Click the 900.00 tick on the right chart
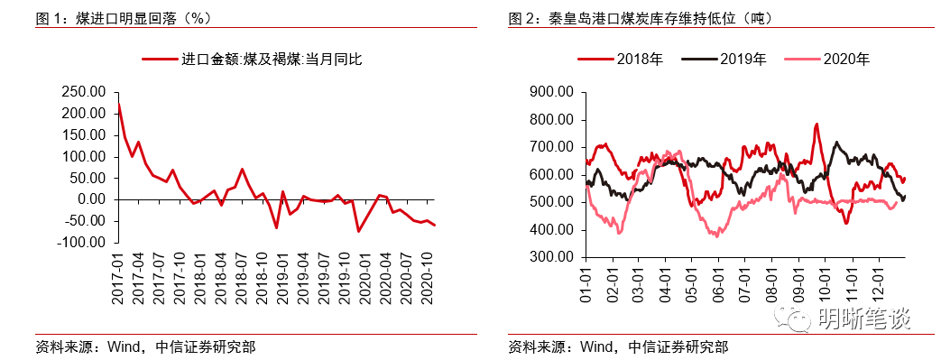(551, 92)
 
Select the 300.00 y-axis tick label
(551, 257)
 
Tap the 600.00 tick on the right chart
(551, 175)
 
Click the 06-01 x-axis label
(719, 282)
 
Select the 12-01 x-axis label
(878, 282)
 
